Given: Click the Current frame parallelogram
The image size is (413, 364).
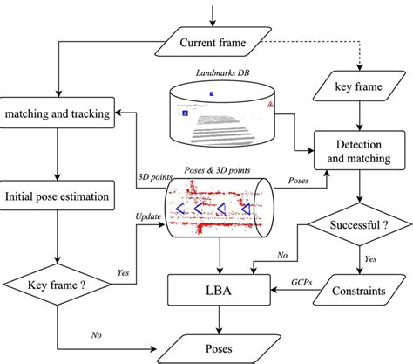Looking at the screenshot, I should pos(213,42).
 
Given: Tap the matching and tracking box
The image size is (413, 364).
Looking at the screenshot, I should pos(58,114).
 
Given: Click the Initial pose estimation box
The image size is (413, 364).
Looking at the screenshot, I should pos(58,196).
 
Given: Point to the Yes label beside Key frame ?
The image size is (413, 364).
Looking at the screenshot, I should pos(125,272).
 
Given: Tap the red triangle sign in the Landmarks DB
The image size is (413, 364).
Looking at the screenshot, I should pos(273,104).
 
